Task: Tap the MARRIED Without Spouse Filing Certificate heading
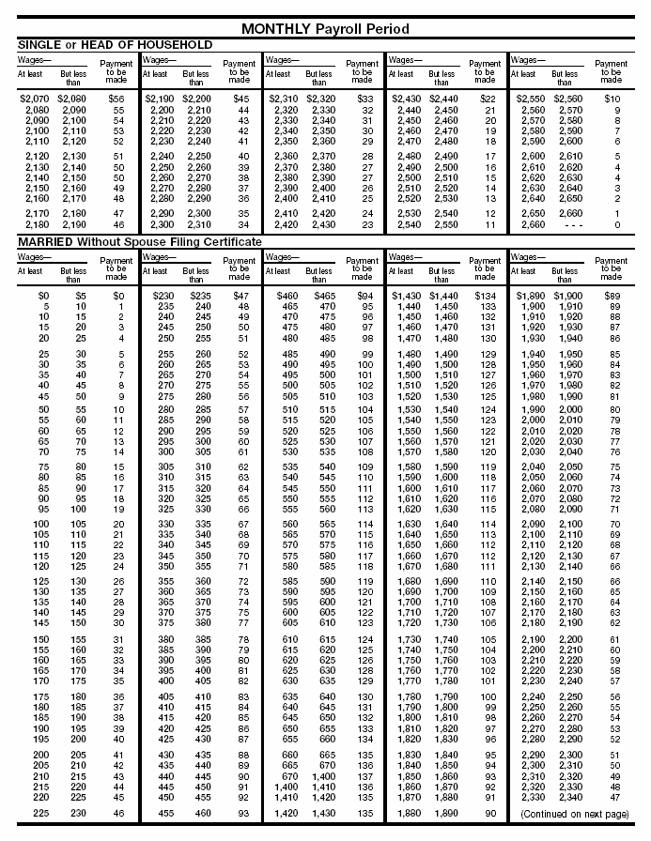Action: (x=140, y=242)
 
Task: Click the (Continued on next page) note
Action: (x=574, y=813)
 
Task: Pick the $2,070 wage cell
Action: (x=34, y=98)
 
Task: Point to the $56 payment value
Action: (x=116, y=98)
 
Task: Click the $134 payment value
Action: (x=486, y=295)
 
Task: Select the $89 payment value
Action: (x=611, y=295)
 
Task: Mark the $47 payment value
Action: (x=240, y=295)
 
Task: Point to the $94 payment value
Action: (x=364, y=295)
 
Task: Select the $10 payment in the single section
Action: (x=612, y=98)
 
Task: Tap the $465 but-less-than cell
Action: (x=322, y=295)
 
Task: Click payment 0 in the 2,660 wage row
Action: (x=616, y=225)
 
